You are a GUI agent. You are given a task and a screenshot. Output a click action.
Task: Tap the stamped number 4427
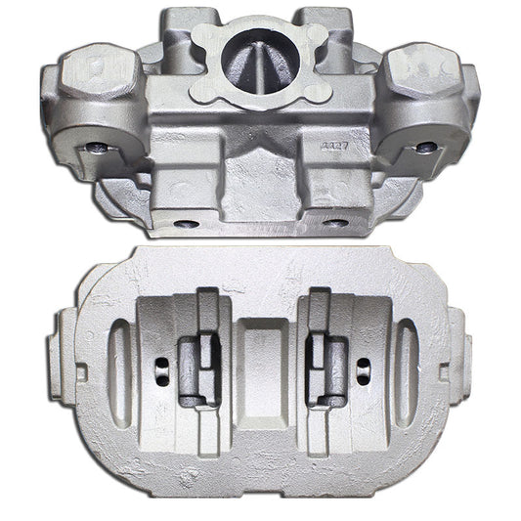point(334,141)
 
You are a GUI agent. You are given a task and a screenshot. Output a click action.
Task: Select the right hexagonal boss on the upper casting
point(424,78)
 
